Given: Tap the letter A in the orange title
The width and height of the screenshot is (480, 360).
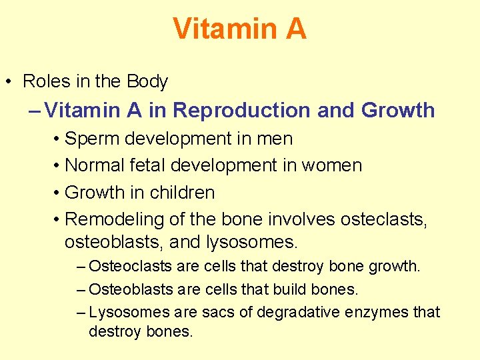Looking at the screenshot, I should point(294,29).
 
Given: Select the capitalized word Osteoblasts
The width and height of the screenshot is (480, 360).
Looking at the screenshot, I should point(131,289).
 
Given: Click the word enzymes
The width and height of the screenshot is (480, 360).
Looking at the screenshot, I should point(379,312).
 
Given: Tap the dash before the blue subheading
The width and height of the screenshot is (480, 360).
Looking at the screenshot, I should point(35,110).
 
